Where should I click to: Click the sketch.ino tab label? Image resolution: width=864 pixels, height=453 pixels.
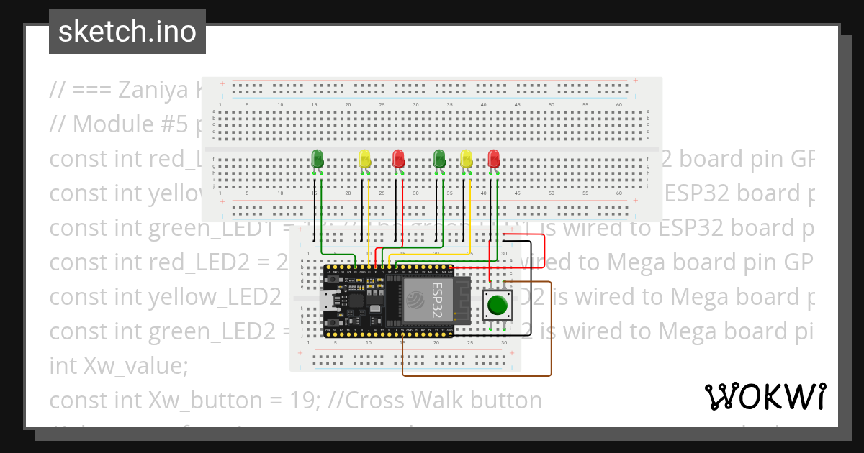coord(127,32)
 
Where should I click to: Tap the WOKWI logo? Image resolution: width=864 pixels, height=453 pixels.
coord(765,396)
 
